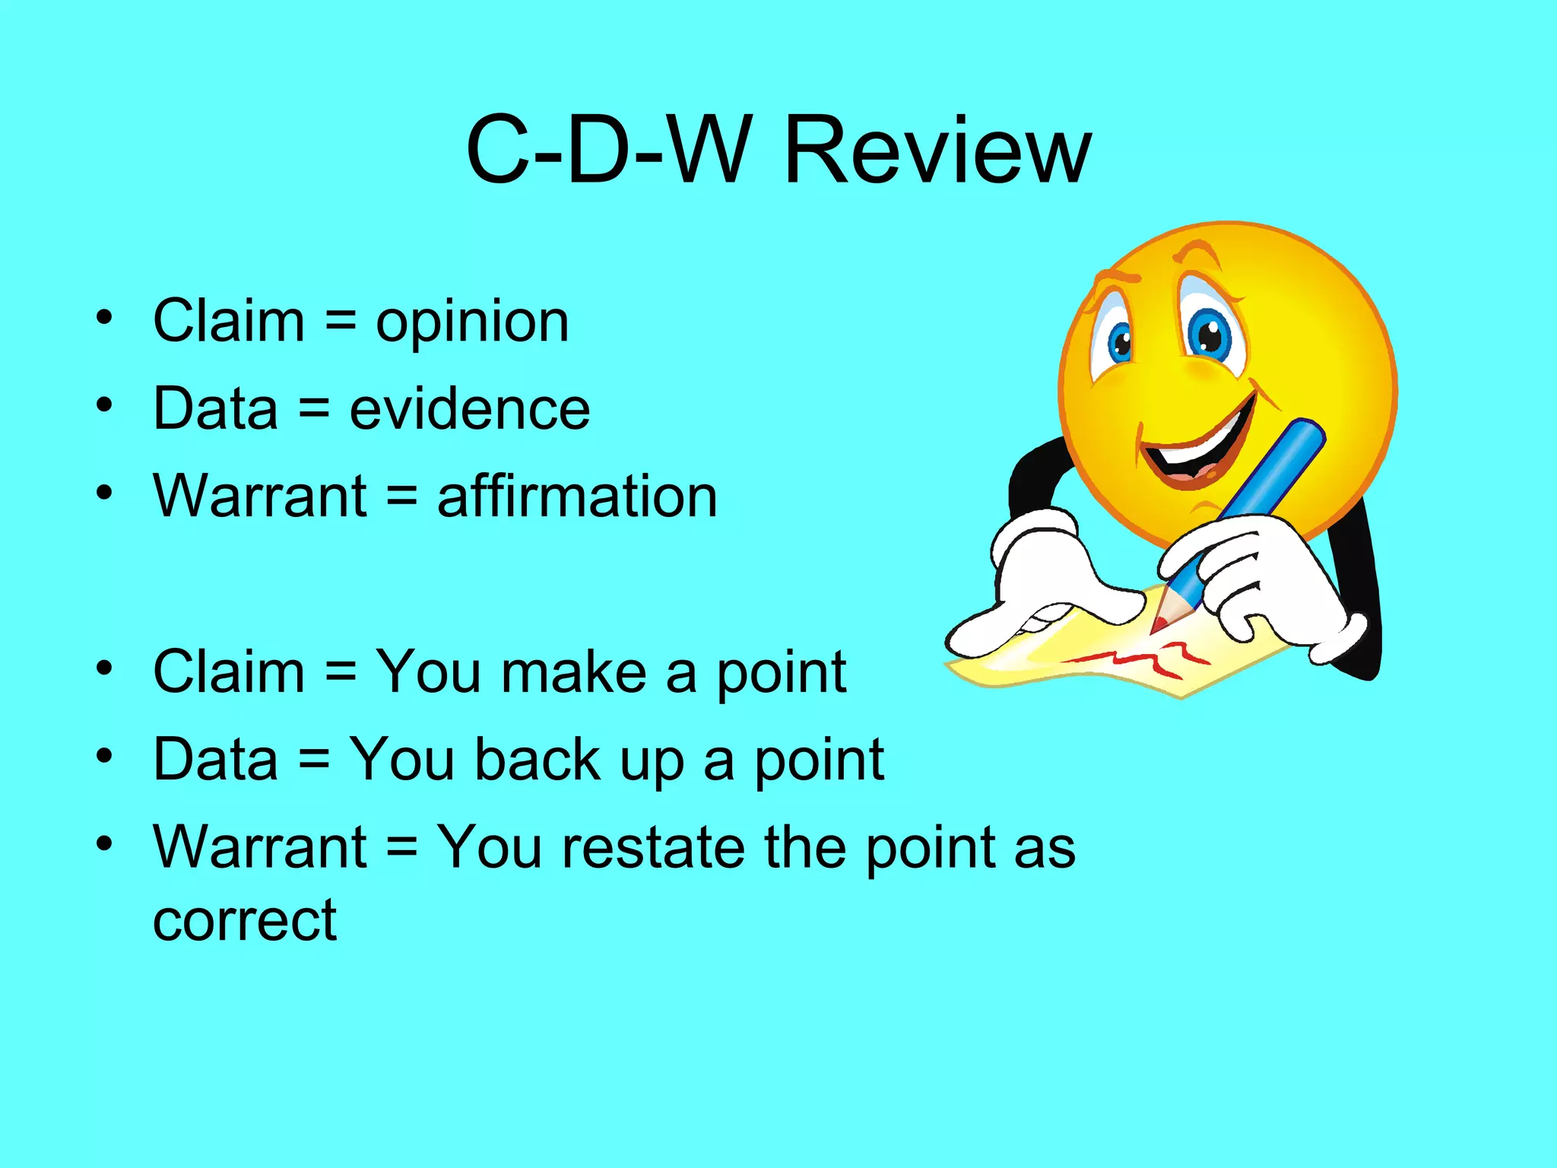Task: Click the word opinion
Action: (472, 322)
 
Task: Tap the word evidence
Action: (469, 409)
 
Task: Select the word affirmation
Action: (577, 497)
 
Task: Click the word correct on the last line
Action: (244, 921)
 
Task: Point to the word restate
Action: (653, 847)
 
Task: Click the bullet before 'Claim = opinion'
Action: (105, 317)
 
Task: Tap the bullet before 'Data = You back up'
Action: (105, 756)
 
